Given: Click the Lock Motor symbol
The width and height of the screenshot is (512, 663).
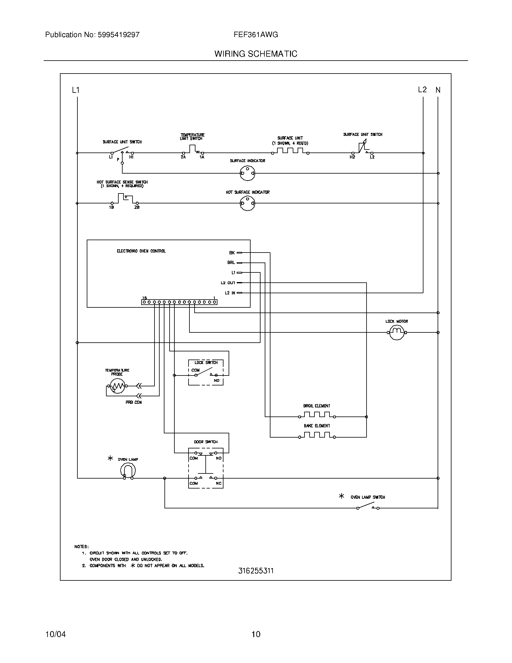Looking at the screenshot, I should point(397,332).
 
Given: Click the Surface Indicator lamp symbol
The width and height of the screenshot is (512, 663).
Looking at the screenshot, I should point(247,173).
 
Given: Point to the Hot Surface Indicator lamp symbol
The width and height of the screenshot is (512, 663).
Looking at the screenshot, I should point(247,203).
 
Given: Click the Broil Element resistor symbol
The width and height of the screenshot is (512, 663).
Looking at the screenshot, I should point(316,415).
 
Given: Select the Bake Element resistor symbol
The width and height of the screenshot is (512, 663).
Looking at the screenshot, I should point(316,435).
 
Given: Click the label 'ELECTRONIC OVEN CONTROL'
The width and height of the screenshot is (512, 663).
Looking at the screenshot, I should point(141,251).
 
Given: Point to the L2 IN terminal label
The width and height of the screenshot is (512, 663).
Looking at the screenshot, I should point(230,293).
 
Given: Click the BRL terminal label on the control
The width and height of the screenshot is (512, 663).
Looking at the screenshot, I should point(231,262).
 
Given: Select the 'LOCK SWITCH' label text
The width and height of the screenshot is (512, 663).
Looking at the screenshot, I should point(206,363).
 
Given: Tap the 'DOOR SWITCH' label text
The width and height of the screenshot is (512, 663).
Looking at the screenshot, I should point(206,442).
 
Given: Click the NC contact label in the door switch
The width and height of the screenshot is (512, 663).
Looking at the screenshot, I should point(218,483).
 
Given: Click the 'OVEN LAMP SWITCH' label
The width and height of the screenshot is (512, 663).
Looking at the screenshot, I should point(368,497).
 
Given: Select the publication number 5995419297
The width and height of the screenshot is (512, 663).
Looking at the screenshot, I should point(119,35).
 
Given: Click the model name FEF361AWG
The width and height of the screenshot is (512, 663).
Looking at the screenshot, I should point(256,35).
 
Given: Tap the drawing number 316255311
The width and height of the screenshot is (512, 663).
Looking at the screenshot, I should point(256,571).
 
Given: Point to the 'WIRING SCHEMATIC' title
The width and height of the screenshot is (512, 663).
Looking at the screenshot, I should point(256,54).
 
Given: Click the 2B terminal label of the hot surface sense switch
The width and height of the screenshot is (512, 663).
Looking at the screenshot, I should point(137,207).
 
